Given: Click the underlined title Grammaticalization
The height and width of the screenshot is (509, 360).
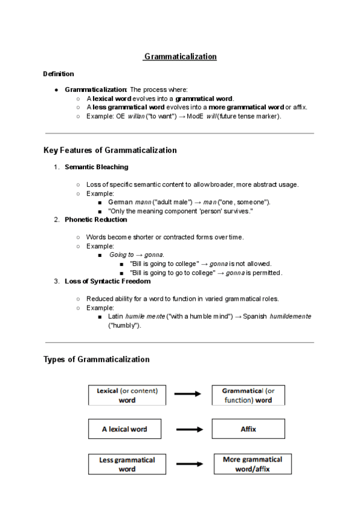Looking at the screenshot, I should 180,56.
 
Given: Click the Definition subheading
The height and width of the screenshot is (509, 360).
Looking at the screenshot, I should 59,74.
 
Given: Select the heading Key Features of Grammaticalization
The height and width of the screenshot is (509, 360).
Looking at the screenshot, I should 110,150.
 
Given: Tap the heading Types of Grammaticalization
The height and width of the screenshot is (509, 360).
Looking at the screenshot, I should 96,360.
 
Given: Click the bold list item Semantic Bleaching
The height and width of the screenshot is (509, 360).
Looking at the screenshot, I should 96,167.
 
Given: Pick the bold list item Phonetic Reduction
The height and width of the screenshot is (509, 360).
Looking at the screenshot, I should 96,220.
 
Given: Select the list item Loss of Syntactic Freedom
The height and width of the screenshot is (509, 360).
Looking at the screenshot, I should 107,281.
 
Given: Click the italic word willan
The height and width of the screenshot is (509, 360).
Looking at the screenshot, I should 136,116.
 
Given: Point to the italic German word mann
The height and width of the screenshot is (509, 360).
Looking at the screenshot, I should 143,202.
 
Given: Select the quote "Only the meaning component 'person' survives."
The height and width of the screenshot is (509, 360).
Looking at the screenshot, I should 180,211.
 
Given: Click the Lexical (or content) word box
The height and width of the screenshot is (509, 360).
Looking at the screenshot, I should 127,395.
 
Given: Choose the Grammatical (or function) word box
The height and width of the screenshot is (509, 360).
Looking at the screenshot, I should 248,395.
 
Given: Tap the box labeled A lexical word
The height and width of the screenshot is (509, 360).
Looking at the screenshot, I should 124,429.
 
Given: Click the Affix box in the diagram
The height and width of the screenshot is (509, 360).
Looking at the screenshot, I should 248,429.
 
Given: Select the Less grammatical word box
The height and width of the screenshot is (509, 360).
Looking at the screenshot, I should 127,464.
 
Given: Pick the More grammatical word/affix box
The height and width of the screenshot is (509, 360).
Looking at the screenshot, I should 253,463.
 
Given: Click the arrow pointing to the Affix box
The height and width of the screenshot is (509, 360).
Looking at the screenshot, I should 190,429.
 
